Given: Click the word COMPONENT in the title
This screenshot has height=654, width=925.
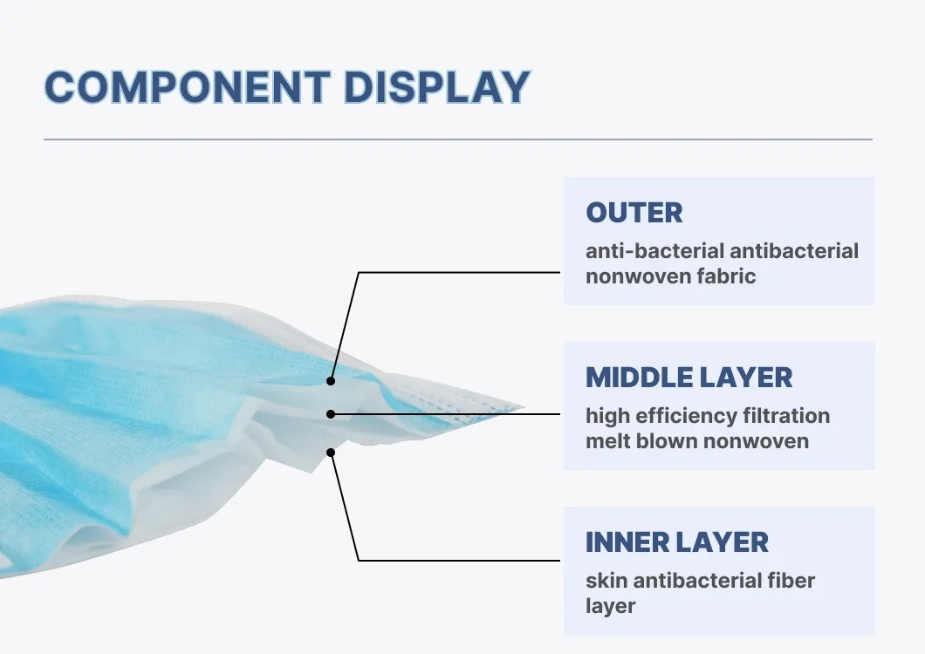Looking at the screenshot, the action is coord(187,87).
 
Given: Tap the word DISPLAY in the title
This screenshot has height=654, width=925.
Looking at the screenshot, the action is coord(436,87).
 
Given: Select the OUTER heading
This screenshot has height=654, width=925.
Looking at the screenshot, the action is coord(634,213).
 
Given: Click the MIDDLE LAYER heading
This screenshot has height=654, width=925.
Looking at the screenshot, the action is coord(689,378).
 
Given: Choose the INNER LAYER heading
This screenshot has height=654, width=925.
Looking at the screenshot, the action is coord(677,542).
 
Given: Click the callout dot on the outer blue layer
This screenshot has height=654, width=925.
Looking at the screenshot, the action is coord(331,381).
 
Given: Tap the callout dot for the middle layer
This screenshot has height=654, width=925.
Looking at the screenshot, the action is coord(331,414).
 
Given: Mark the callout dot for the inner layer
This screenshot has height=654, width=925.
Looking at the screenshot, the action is coord(331,453).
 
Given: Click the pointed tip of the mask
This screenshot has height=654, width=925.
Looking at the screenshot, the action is coord(524,407).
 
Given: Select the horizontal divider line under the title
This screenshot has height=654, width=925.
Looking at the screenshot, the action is coord(458,140).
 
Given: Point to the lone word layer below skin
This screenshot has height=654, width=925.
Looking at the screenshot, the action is coord(611,606).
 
